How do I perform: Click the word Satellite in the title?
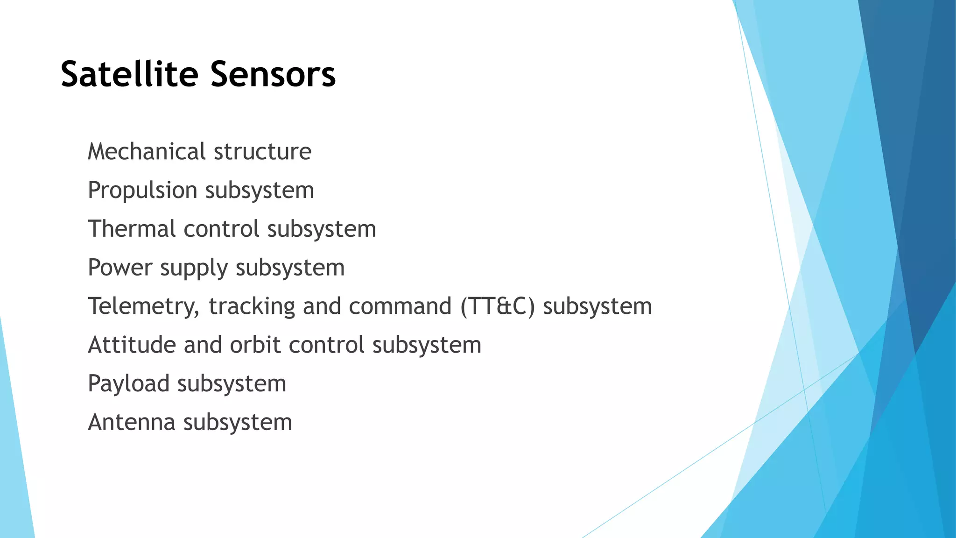tap(130, 74)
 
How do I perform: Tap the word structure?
tap(262, 151)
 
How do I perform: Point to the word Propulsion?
tap(142, 191)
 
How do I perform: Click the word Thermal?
tap(131, 229)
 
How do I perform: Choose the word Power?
tap(120, 268)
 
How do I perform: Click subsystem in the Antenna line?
tap(238, 422)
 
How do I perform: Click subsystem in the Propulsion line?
tap(260, 191)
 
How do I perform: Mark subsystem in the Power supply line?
tap(290, 268)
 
